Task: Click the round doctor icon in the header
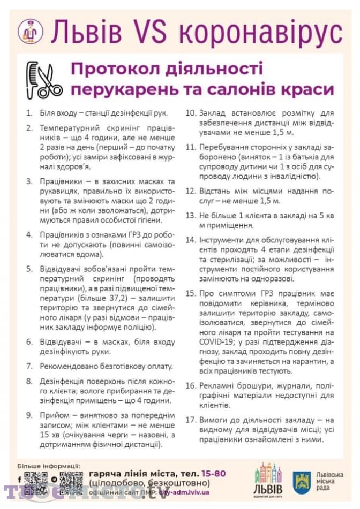click(x=30, y=32)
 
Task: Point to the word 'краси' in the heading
click(x=305, y=89)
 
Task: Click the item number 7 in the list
click(x=29, y=367)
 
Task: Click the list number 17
click(x=191, y=420)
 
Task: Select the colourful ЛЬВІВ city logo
click(x=268, y=480)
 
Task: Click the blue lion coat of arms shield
click(x=302, y=482)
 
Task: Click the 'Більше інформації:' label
click(x=49, y=466)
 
